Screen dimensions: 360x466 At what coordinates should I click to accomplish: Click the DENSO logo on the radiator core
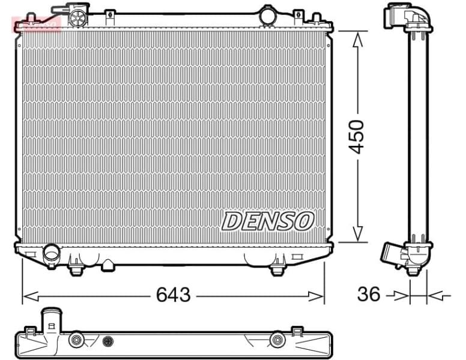[x=268, y=221]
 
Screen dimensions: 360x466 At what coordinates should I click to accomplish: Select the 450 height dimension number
[x=357, y=137]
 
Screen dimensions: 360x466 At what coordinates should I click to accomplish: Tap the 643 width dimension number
[x=173, y=295]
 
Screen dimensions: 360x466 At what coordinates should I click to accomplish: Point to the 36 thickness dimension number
[x=369, y=295]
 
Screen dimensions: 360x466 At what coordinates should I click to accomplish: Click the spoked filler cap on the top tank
[x=77, y=18]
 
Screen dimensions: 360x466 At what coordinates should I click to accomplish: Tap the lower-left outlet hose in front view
[x=51, y=253]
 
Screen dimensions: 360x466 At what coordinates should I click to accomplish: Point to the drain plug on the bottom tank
[x=107, y=265]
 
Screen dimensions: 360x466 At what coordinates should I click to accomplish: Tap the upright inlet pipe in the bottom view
[x=50, y=322]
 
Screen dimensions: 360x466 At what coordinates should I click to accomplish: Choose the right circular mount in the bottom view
[x=277, y=340]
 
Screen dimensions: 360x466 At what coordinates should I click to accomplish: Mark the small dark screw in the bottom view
[x=108, y=340]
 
